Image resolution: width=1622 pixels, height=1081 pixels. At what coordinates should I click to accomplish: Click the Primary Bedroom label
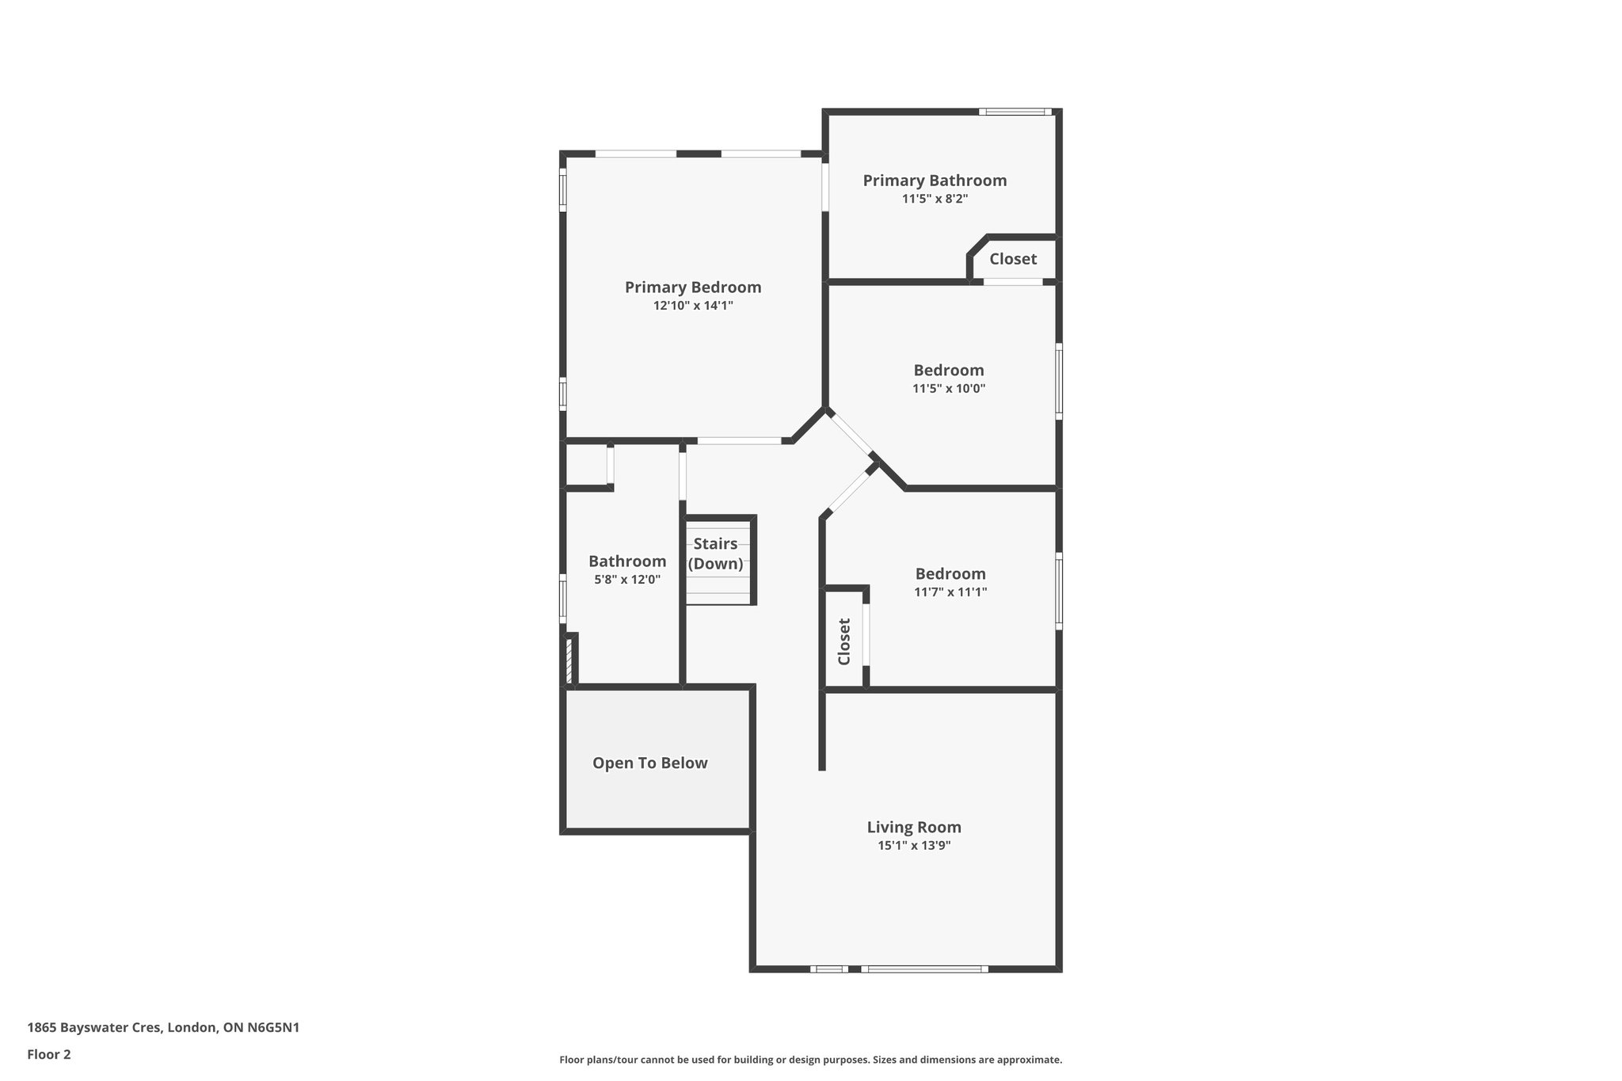pyautogui.click(x=693, y=287)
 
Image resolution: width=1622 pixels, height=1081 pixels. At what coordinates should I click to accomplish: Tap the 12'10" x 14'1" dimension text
pyautogui.click(x=693, y=306)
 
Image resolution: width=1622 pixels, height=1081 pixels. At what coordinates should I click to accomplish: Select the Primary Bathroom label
pyautogui.click(x=935, y=181)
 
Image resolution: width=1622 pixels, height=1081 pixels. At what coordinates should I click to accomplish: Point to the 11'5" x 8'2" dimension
pyautogui.click(x=935, y=199)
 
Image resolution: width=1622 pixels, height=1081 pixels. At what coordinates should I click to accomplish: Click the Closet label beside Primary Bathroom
pyautogui.click(x=1013, y=259)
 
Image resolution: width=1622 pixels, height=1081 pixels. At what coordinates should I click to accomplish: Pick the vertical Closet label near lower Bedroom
pyautogui.click(x=844, y=641)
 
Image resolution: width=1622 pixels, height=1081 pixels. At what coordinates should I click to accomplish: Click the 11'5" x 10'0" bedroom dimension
pyautogui.click(x=949, y=389)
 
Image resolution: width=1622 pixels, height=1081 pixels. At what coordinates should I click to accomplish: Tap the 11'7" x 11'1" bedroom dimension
pyautogui.click(x=950, y=592)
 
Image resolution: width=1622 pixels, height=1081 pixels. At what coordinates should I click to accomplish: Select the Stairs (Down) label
pyautogui.click(x=715, y=554)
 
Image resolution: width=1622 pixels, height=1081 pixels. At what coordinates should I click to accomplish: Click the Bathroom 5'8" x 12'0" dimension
pyautogui.click(x=627, y=580)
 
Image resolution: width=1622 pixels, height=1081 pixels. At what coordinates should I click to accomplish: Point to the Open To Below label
pyautogui.click(x=649, y=763)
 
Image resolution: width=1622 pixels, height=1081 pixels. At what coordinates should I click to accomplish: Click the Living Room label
pyautogui.click(x=914, y=828)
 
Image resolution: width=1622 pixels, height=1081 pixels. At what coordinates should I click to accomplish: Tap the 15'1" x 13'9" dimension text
pyautogui.click(x=914, y=846)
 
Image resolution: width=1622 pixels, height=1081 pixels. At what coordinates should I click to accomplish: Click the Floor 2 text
pyautogui.click(x=49, y=1054)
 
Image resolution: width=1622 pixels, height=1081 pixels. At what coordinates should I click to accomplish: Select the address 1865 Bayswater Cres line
pyautogui.click(x=163, y=1028)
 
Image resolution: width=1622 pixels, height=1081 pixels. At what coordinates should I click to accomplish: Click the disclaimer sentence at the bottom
pyautogui.click(x=810, y=1060)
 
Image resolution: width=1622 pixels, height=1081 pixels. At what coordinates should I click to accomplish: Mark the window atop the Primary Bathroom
pyautogui.click(x=1015, y=112)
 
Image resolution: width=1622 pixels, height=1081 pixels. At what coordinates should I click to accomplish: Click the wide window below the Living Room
pyautogui.click(x=923, y=969)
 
